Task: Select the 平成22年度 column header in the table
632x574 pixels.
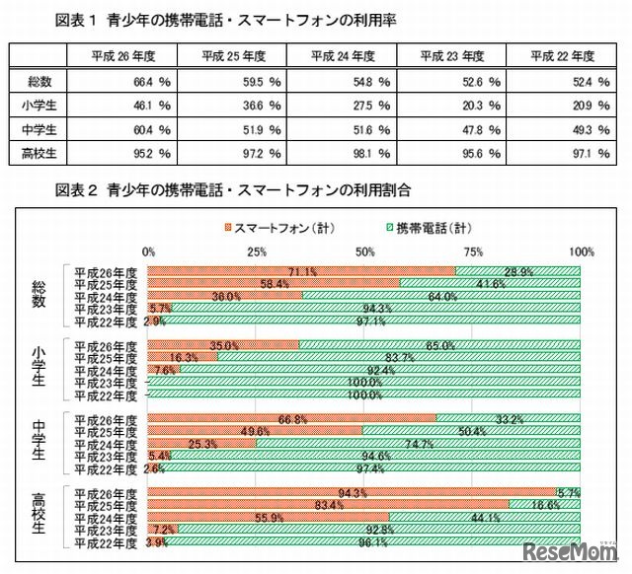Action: pyautogui.click(x=558, y=56)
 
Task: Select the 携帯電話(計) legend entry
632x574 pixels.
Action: pyautogui.click(x=422, y=227)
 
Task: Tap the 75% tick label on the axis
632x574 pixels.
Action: pyautogui.click(x=473, y=251)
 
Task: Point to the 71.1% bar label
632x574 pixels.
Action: pyautogui.click(x=301, y=270)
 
